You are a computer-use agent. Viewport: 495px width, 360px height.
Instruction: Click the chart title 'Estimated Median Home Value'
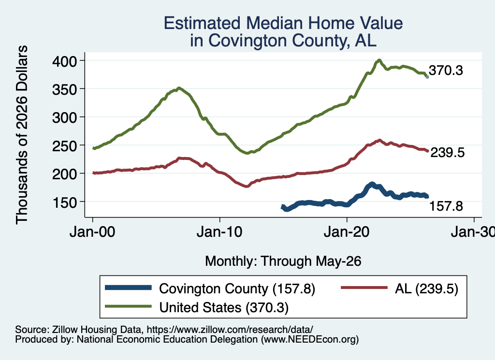[x=283, y=23]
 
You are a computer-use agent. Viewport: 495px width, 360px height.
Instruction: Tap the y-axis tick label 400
[x=64, y=61]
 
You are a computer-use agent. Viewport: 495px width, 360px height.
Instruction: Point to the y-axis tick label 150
[x=64, y=202]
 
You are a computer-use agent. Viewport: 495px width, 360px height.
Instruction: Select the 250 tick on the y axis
[x=64, y=146]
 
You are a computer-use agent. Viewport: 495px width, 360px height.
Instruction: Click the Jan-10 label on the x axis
[x=219, y=232]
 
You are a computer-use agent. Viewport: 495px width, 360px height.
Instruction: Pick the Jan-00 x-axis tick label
[x=92, y=232]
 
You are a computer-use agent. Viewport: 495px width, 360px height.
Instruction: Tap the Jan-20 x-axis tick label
[x=347, y=232]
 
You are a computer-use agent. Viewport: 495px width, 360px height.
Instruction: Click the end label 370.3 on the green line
[x=446, y=71]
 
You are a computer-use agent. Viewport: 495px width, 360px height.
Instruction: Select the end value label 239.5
[x=448, y=152]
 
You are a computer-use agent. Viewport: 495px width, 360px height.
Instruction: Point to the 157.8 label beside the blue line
[x=446, y=206]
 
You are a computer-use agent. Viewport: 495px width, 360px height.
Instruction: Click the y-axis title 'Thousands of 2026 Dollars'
[x=21, y=135]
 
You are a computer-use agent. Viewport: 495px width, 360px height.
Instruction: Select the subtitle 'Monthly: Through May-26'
[x=283, y=261]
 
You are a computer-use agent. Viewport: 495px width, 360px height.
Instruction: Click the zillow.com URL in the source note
[x=230, y=330]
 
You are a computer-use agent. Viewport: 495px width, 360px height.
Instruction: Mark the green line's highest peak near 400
[x=379, y=60]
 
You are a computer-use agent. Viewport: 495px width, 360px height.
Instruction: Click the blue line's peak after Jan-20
[x=372, y=184]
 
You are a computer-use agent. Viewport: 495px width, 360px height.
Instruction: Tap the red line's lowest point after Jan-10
[x=247, y=186]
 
